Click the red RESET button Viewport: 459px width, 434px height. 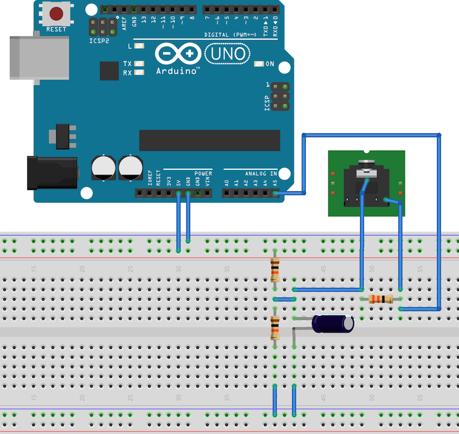tap(57, 14)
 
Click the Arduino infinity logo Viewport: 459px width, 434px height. tap(178, 54)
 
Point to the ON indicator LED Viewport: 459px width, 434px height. tap(259, 64)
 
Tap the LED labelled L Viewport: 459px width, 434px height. tap(140, 46)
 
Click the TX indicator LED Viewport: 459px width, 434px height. tap(140, 64)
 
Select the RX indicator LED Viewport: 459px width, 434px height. tap(140, 73)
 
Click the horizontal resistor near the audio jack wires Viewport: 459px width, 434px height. tap(380, 299)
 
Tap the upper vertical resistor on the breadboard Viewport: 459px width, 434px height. tap(275, 270)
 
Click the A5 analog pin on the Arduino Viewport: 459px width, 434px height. tap(275, 193)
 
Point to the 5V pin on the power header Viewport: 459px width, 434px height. tap(178, 193)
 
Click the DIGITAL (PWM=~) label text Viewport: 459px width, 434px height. tap(229, 35)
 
